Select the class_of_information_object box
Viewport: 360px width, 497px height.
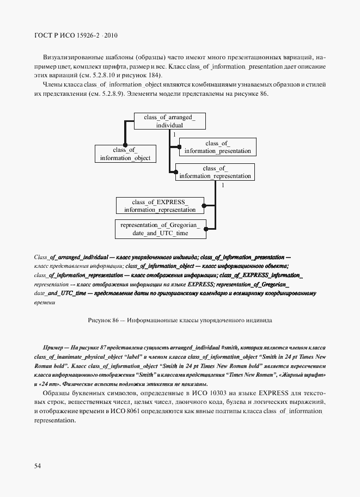(x=125, y=154)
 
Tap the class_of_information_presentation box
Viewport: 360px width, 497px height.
(x=217, y=147)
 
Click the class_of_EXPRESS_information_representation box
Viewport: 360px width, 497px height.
(x=160, y=205)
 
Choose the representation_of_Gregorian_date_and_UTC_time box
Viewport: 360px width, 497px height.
(x=160, y=229)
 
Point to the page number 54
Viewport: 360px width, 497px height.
(x=38, y=465)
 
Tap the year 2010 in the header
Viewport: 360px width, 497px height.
(x=110, y=36)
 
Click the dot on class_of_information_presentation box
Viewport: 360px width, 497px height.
(x=180, y=147)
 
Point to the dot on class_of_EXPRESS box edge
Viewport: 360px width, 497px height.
(x=204, y=206)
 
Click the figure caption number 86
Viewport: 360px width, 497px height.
(x=115, y=321)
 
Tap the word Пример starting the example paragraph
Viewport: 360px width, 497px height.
(x=52, y=347)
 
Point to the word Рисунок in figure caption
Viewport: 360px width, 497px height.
(x=98, y=321)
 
